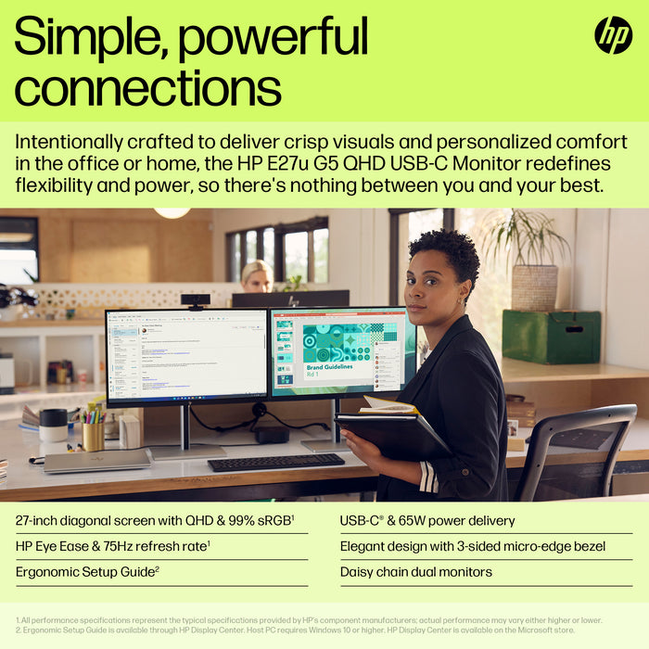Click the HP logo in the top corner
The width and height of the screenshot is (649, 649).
tap(613, 35)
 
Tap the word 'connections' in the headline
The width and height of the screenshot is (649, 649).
tap(148, 89)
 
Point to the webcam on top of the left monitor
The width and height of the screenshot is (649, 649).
tap(195, 301)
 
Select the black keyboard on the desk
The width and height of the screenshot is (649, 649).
tap(275, 462)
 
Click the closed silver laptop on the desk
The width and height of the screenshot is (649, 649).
tap(96, 461)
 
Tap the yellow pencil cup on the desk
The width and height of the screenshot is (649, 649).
tap(93, 436)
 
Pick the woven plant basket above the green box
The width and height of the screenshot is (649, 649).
tap(534, 286)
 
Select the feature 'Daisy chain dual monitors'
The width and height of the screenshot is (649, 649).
tap(416, 572)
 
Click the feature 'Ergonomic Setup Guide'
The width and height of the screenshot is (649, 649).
tap(84, 572)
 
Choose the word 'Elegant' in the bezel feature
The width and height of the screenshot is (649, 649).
tap(365, 546)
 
